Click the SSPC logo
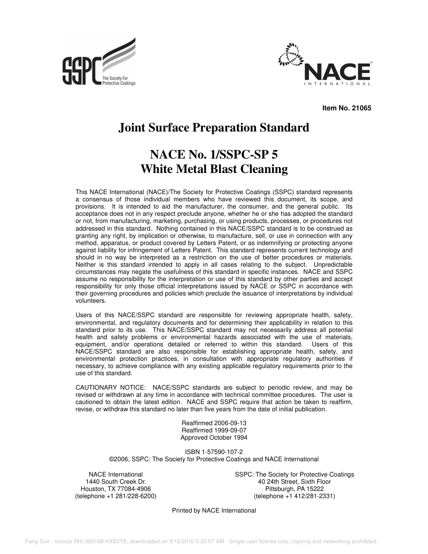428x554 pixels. click(x=99, y=63)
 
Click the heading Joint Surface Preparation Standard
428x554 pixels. click(x=214, y=128)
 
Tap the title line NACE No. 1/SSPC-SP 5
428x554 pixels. click(x=214, y=155)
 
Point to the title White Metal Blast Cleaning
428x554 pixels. click(x=214, y=169)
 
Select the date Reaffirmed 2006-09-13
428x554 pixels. click(x=214, y=423)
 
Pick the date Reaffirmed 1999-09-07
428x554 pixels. click(x=214, y=430)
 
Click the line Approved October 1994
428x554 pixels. click(x=214, y=437)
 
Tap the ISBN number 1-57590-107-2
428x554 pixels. click(x=214, y=452)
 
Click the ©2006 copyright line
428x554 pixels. click(x=214, y=459)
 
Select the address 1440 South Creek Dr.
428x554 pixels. click(x=116, y=481)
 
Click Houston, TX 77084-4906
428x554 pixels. click(x=116, y=489)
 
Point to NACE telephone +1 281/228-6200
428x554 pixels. click(x=116, y=496)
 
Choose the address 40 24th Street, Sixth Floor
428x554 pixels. click(x=294, y=481)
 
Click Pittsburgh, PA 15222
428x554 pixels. click(x=294, y=489)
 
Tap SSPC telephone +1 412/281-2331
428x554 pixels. click(x=294, y=496)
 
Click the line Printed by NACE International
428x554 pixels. click(x=214, y=510)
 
